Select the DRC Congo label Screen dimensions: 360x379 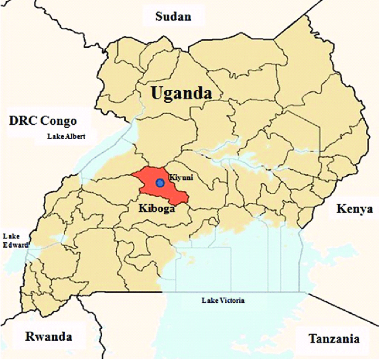[42, 121]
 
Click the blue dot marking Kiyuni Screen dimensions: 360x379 [160, 182]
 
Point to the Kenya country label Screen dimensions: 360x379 [354, 209]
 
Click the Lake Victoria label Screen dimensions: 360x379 [223, 300]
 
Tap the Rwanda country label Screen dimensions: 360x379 [48, 336]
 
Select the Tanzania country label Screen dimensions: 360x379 [334, 339]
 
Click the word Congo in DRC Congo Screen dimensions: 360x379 [59, 121]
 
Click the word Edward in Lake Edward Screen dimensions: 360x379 [15, 245]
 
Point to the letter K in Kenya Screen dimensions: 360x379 [339, 209]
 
